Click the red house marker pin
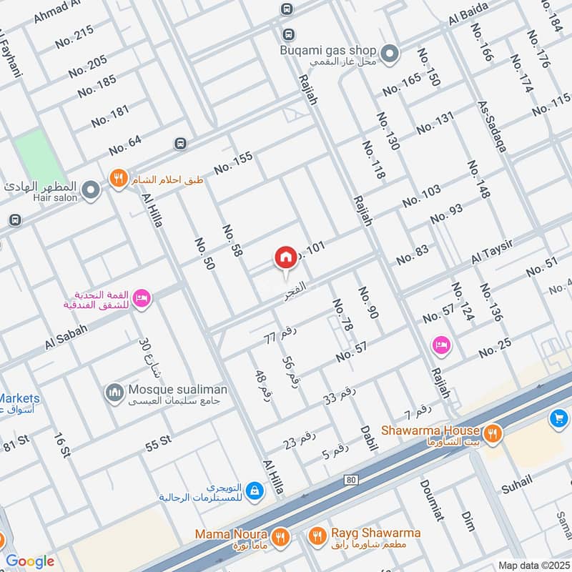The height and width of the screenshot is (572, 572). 285,257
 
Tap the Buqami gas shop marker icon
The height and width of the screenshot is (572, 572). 390,53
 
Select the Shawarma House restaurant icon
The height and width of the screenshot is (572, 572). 492,433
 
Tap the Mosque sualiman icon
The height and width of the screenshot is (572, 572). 114,393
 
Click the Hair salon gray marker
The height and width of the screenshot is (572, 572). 90,190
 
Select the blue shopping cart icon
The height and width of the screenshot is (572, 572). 558,419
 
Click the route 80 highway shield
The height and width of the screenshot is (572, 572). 350,479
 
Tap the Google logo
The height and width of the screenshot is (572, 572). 30,561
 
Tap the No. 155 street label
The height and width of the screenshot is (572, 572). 233,163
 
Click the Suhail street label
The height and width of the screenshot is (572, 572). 516,485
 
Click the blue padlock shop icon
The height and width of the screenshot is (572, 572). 254,490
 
